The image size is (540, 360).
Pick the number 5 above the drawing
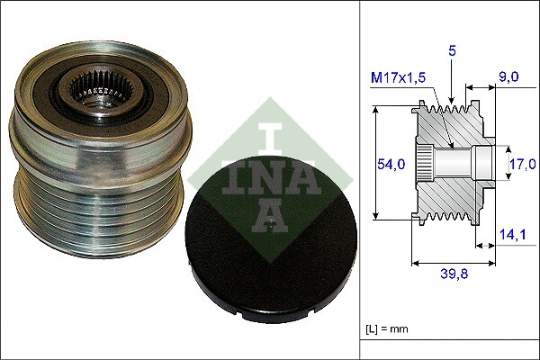click(453, 52)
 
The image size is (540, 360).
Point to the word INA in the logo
click(269, 172)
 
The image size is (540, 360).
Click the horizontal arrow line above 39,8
click(454, 263)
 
